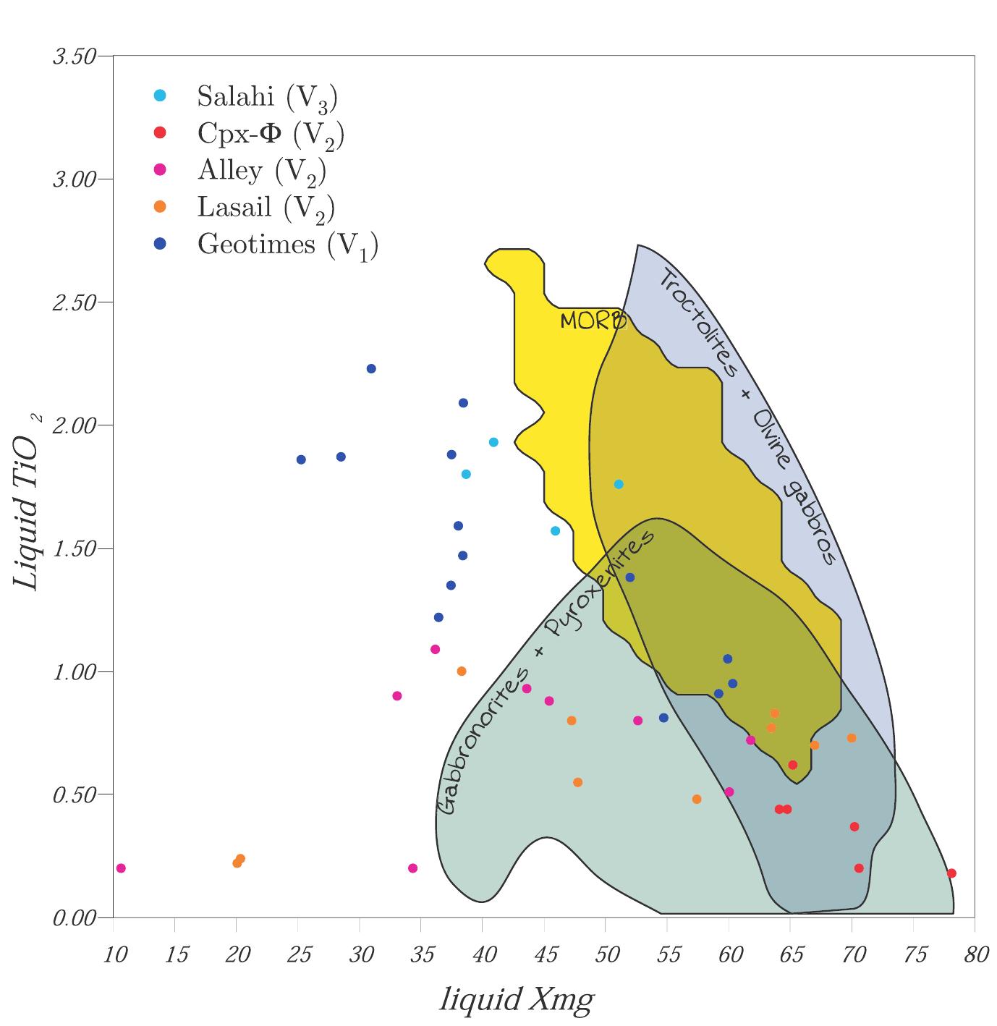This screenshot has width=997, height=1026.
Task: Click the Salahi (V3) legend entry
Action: click(267, 97)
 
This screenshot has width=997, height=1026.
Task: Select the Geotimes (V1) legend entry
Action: click(287, 245)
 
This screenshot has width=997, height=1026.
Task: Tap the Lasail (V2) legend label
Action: click(266, 208)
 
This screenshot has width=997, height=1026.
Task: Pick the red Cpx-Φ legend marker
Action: click(161, 132)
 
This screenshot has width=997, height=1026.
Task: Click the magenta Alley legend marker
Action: click(161, 170)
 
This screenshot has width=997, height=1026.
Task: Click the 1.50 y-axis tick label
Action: click(75, 549)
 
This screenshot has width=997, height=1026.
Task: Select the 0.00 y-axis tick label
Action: click(75, 919)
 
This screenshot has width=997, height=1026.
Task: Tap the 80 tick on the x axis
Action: click(976, 956)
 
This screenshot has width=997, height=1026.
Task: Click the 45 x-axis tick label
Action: click(546, 956)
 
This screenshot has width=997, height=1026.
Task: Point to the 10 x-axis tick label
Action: click(115, 956)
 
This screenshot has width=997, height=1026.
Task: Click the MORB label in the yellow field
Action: click(593, 321)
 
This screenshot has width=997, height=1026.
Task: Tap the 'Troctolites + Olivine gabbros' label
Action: click(747, 417)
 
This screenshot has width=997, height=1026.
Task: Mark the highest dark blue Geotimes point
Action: click(371, 369)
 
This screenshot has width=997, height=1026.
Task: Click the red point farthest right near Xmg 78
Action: click(951, 873)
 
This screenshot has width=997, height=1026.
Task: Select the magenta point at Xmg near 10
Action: click(121, 868)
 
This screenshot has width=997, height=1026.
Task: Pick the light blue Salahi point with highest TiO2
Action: click(493, 442)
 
